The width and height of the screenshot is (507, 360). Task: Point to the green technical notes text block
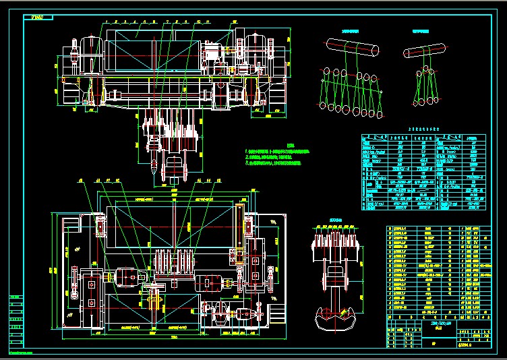pyautogui.click(x=276, y=156)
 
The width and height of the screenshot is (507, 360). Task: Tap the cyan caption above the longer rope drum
pyautogui.click(x=349, y=31)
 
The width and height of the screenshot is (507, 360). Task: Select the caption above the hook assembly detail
pyautogui.click(x=335, y=220)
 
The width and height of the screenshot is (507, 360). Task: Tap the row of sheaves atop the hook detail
pyautogui.click(x=335, y=239)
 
